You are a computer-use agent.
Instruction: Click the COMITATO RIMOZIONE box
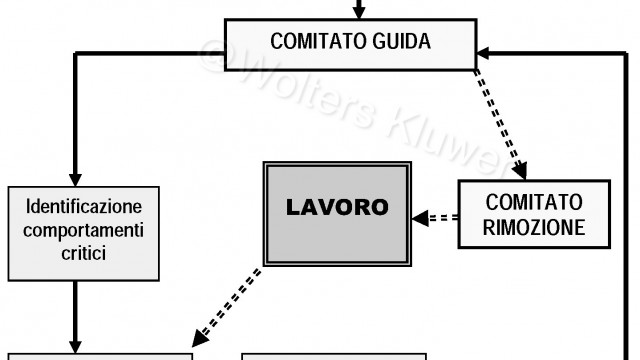[534, 213]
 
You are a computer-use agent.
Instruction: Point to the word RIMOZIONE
[534, 227]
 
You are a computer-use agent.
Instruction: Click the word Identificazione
[82, 210]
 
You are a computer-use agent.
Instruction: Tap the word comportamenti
[82, 231]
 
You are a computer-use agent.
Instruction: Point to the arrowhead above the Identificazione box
[74, 176]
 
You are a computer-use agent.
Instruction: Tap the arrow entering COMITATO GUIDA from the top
[358, 10]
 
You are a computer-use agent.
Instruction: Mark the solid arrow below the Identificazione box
[74, 315]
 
